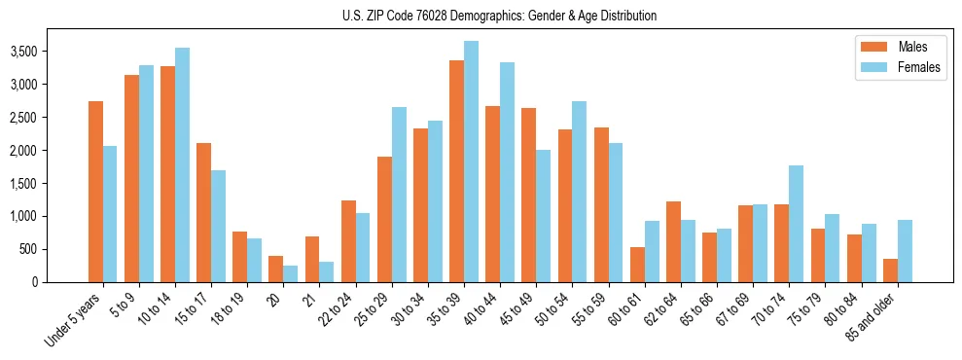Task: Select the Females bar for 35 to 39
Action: coord(471,162)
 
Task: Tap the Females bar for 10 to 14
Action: coord(183,164)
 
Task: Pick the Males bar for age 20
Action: coord(276,269)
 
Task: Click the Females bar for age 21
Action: coord(326,271)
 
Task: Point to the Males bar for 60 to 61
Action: coord(637,265)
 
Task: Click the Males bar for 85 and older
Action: coord(890,270)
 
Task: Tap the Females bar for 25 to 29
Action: coord(399,195)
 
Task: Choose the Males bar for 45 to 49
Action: coord(529,195)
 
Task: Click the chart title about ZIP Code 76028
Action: coord(499,16)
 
